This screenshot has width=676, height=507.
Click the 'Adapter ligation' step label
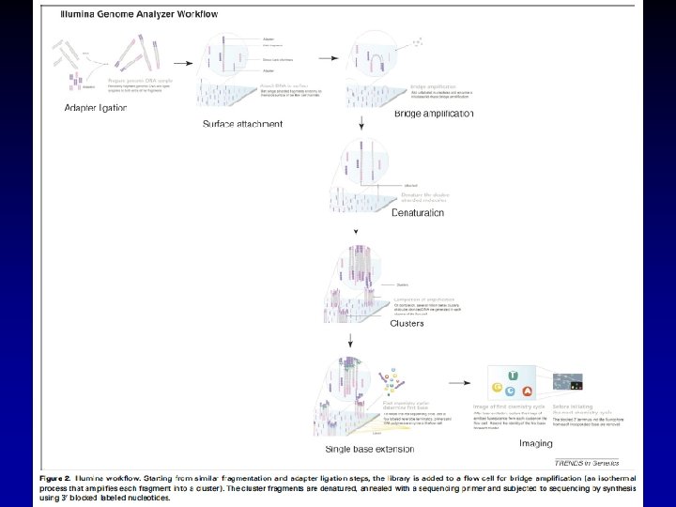click(x=95, y=108)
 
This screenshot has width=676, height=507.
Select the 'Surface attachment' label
click(x=242, y=123)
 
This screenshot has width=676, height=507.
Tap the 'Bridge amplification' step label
click(x=434, y=114)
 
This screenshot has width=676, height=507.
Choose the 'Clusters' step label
click(x=407, y=323)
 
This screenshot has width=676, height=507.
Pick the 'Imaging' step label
click(x=535, y=442)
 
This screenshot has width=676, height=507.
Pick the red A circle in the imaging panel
click(x=528, y=392)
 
